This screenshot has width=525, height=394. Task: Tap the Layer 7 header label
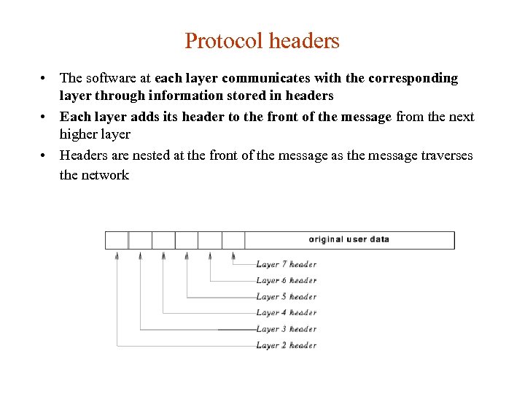286,264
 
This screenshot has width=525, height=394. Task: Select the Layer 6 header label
286,280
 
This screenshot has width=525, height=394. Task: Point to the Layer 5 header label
286,296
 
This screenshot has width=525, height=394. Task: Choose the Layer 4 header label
286,312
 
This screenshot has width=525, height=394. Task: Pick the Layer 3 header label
286,329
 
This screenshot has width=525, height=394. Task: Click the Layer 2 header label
286,345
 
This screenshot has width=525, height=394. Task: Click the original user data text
349,239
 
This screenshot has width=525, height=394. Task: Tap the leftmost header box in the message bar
117,240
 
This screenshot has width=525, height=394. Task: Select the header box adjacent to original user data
233,240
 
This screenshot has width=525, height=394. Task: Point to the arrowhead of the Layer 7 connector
233,255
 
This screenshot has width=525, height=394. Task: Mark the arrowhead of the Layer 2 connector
117,255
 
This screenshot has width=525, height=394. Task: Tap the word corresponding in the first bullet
416,78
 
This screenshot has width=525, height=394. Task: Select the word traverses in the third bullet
443,155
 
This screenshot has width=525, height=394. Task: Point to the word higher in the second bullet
78,135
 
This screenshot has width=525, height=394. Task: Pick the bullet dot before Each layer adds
44,117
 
